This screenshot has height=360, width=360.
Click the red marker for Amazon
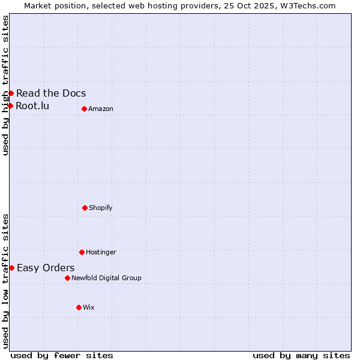pos(84,109)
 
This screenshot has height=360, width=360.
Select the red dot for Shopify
pos(85,208)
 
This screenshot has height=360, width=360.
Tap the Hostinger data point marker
pos(82,252)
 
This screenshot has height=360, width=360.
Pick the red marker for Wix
pos(79,307)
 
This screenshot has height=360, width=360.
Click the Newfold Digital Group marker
pos(67,278)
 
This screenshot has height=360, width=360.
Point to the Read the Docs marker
pos(11,93)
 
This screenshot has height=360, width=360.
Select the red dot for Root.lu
pos(10,106)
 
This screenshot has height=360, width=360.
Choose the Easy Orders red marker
pos(11,268)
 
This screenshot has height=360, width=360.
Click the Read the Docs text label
pos(51,93)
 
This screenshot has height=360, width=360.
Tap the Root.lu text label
pos(32,106)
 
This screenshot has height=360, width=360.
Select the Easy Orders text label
pos(46,268)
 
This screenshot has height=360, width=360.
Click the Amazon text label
pos(101,109)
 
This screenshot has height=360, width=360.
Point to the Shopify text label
pos(101,208)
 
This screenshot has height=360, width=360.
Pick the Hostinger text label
pos(101,252)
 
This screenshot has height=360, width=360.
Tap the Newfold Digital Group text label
pos(106,278)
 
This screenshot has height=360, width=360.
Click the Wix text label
pos(89,307)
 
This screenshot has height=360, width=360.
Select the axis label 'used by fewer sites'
pos(62,355)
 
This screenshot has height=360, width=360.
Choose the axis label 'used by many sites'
pos(301,355)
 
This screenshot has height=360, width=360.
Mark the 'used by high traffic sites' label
pos(5,85)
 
